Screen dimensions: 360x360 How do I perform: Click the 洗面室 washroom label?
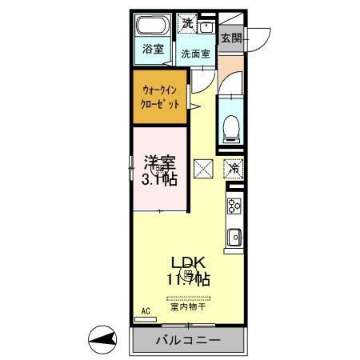[194, 54]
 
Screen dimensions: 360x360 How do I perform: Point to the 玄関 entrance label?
[231, 37]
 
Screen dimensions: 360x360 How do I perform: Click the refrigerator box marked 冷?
[234, 169]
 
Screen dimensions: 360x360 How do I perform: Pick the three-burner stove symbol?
[235, 206]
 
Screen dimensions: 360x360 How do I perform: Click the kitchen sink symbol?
[235, 238]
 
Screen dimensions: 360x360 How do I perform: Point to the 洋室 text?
[160, 162]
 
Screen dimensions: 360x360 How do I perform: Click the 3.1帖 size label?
[160, 179]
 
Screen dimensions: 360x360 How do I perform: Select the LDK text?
[187, 263]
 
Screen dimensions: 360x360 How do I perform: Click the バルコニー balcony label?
[186, 341]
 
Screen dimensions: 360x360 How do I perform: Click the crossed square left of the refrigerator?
[202, 169]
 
